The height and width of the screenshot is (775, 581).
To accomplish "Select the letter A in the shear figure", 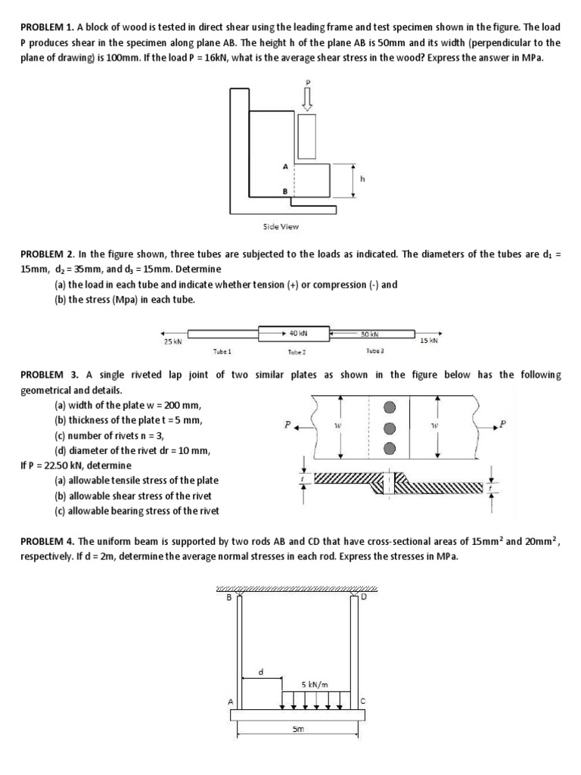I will click(284, 165).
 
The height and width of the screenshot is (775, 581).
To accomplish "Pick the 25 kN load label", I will click(172, 342).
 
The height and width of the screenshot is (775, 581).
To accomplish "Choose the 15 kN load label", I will click(428, 341).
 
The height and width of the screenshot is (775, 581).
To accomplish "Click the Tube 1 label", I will click(222, 351).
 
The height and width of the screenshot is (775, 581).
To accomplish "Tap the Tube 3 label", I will click(375, 351).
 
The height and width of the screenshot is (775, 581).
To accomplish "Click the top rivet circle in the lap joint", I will click(390, 406).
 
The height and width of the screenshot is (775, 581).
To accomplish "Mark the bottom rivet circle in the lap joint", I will click(390, 448).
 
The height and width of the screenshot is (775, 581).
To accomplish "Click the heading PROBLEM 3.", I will click(47, 375).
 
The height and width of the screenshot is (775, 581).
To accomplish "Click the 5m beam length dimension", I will click(298, 730).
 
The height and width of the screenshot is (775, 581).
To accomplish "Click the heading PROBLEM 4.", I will click(47, 541).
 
